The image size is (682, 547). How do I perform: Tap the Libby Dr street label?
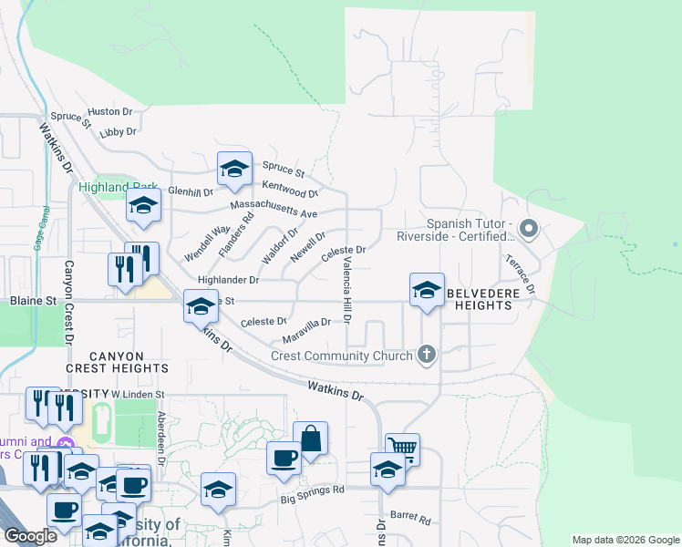pyautogui.click(x=118, y=132)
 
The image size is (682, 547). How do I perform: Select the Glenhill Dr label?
pyautogui.click(x=191, y=192)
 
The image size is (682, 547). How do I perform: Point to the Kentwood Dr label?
pyautogui.click(x=290, y=189)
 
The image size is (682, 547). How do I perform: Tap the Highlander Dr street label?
pyautogui.click(x=229, y=280)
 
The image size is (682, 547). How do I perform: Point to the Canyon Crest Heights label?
pyautogui.click(x=117, y=361)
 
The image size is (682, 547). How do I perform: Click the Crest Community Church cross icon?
pyautogui.click(x=426, y=355)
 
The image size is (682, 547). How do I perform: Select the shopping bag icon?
pyautogui.click(x=310, y=438)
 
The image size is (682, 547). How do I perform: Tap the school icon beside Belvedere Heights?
pyautogui.click(x=426, y=290)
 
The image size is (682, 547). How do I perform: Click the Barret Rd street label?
pyautogui.click(x=410, y=517)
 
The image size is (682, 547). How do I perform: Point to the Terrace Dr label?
pyautogui.click(x=529, y=274)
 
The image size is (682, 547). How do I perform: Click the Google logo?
pyautogui.click(x=30, y=536)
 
